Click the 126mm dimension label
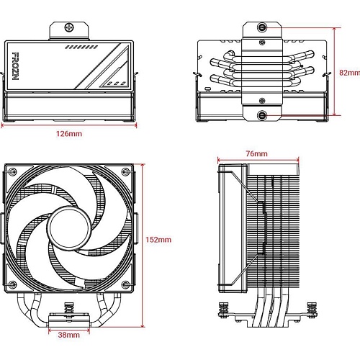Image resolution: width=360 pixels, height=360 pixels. [69, 133]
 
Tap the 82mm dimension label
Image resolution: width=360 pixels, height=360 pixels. [349, 73]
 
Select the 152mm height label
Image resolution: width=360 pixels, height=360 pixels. [158, 240]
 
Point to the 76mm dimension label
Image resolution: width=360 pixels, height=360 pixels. [256, 153]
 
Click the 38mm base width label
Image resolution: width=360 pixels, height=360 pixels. [69, 335]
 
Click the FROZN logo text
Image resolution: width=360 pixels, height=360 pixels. [15, 66]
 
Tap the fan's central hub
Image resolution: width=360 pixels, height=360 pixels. [69, 227]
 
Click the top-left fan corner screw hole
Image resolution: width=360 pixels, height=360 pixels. [12, 171]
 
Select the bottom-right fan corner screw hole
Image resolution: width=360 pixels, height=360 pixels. [125, 284]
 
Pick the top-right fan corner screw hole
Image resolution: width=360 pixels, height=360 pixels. [125, 171]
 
